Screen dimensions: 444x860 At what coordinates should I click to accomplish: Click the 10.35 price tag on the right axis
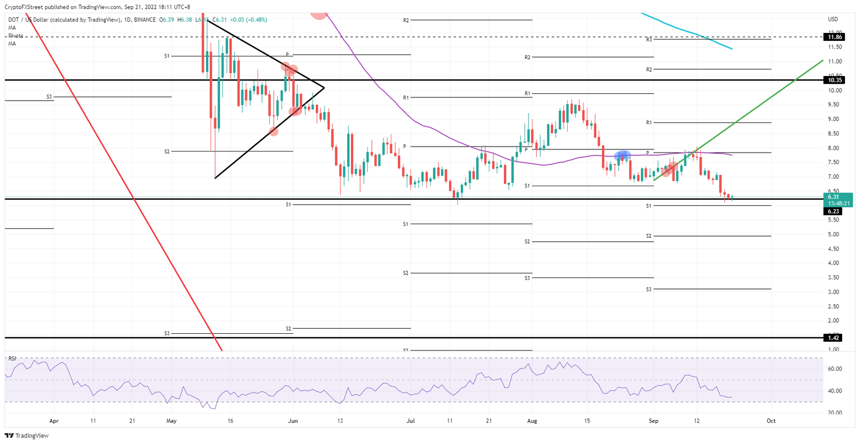point(836,80)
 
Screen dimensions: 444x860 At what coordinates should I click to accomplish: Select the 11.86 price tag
point(836,37)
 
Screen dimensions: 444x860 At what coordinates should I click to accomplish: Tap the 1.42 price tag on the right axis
point(835,338)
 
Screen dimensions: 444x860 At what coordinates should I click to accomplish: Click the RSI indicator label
point(12,358)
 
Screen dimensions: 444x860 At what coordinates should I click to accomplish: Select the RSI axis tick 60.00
point(835,369)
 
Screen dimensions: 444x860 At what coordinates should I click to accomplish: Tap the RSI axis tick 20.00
point(835,413)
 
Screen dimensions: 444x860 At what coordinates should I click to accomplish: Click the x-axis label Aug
point(532,422)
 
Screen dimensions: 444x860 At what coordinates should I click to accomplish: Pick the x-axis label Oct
point(770,422)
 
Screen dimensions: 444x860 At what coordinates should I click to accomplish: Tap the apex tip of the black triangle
point(324,87)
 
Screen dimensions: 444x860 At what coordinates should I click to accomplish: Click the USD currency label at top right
point(833,20)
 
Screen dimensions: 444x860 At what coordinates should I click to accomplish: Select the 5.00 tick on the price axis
point(834,234)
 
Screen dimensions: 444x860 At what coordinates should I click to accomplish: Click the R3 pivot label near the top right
point(648,40)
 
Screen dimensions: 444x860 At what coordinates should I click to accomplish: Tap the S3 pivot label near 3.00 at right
point(648,289)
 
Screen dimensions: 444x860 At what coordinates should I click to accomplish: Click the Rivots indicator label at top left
point(16,36)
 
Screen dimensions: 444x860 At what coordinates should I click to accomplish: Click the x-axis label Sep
point(653,422)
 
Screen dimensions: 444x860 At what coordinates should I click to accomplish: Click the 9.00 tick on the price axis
point(834,119)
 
